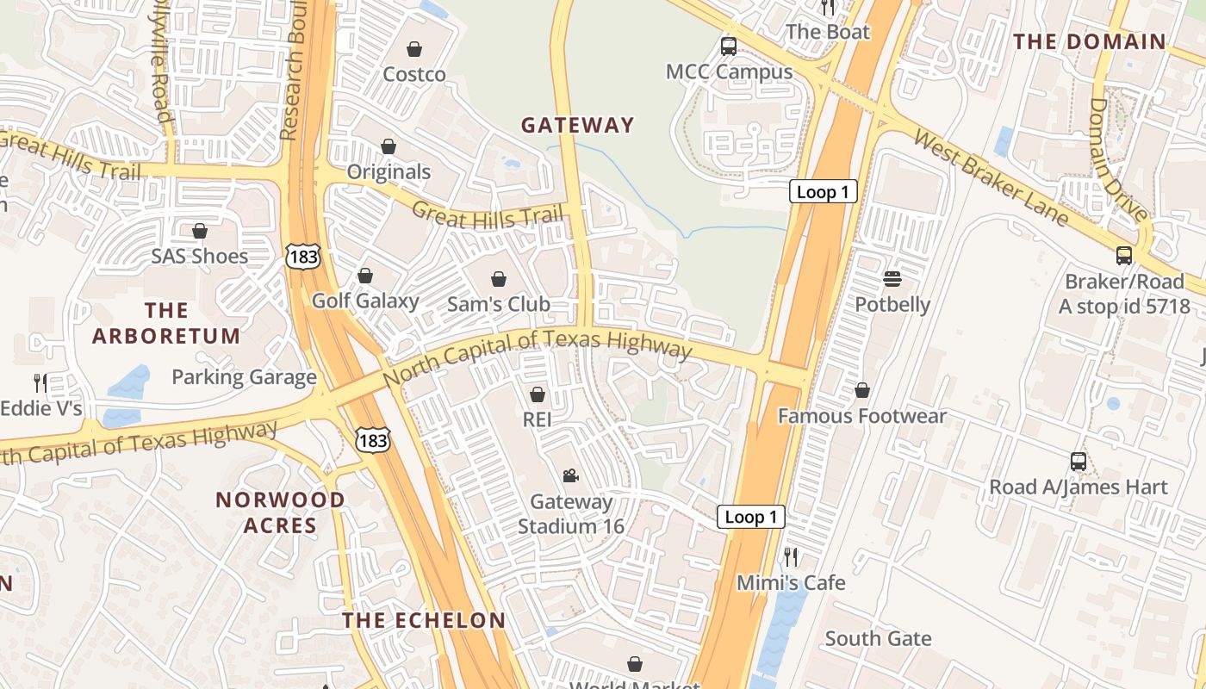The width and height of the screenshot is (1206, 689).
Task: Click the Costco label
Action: [x=414, y=74]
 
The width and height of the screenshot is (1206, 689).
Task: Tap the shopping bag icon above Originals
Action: [x=389, y=146]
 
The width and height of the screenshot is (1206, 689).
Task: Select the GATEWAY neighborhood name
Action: [x=577, y=125]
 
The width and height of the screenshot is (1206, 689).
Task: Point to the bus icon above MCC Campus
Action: [x=729, y=47]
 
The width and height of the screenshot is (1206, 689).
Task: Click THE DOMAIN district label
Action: [x=1089, y=41]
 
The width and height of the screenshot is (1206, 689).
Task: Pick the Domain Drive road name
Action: [x=1118, y=159]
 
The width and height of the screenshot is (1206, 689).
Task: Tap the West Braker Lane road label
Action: [x=991, y=177]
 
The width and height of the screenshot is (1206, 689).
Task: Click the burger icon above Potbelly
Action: [x=892, y=279]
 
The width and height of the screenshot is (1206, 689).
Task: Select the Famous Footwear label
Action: [x=861, y=416]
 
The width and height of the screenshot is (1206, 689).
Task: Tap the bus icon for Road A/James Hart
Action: [x=1078, y=461]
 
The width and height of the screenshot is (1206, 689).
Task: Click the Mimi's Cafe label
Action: [x=791, y=583]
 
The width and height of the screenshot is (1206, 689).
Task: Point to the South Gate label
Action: [x=878, y=638]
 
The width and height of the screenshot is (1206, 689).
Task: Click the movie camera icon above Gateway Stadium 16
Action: [x=570, y=475]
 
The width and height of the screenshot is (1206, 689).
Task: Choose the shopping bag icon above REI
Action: [x=538, y=394]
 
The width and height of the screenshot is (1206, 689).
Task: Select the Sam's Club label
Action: [x=498, y=304]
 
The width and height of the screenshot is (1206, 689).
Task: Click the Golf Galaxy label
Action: [x=365, y=301]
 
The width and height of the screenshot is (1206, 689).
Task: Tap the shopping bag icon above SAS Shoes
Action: [x=200, y=231]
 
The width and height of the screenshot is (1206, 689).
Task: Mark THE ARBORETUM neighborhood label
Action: [x=166, y=323]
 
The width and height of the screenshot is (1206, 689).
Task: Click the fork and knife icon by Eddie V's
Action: [x=40, y=382]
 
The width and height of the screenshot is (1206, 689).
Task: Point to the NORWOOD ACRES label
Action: [x=280, y=512]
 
